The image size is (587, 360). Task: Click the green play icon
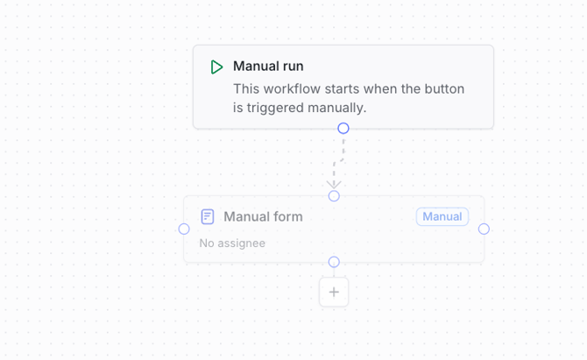(216, 67)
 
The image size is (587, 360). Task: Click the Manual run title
(268, 67)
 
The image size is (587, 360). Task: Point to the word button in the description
(444, 89)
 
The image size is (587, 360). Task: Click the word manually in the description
(337, 108)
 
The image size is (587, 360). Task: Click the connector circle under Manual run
(343, 129)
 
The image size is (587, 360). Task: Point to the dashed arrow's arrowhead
(334, 184)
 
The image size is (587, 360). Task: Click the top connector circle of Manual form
(334, 195)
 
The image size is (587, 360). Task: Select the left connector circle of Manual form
(184, 229)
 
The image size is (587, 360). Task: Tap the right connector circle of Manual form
(484, 229)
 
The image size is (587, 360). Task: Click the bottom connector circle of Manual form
(334, 262)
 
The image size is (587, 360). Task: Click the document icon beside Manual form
(208, 216)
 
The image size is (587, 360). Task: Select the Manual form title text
(263, 216)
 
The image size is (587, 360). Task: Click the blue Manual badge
(442, 216)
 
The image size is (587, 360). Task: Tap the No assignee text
(232, 244)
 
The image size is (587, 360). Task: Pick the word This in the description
(246, 89)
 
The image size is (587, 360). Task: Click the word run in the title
(293, 67)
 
